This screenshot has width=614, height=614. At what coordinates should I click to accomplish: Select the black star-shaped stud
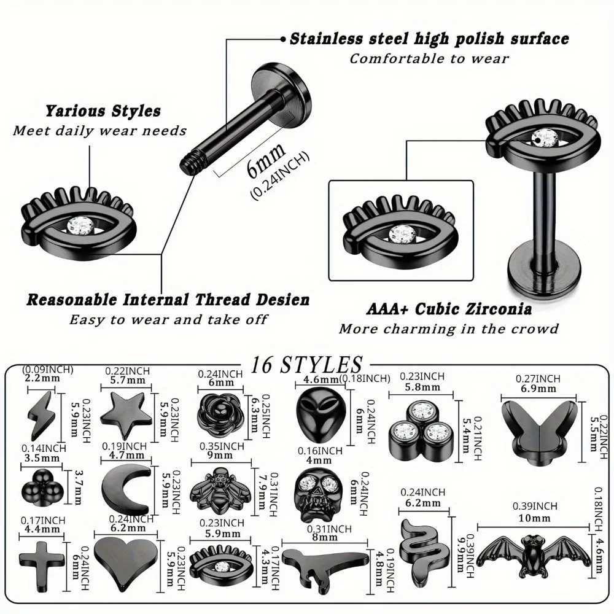tap(126, 414)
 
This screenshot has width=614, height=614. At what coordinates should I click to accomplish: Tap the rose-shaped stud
tap(220, 416)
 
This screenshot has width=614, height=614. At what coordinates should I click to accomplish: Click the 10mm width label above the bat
tap(535, 518)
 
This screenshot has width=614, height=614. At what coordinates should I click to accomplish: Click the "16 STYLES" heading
tap(306, 365)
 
